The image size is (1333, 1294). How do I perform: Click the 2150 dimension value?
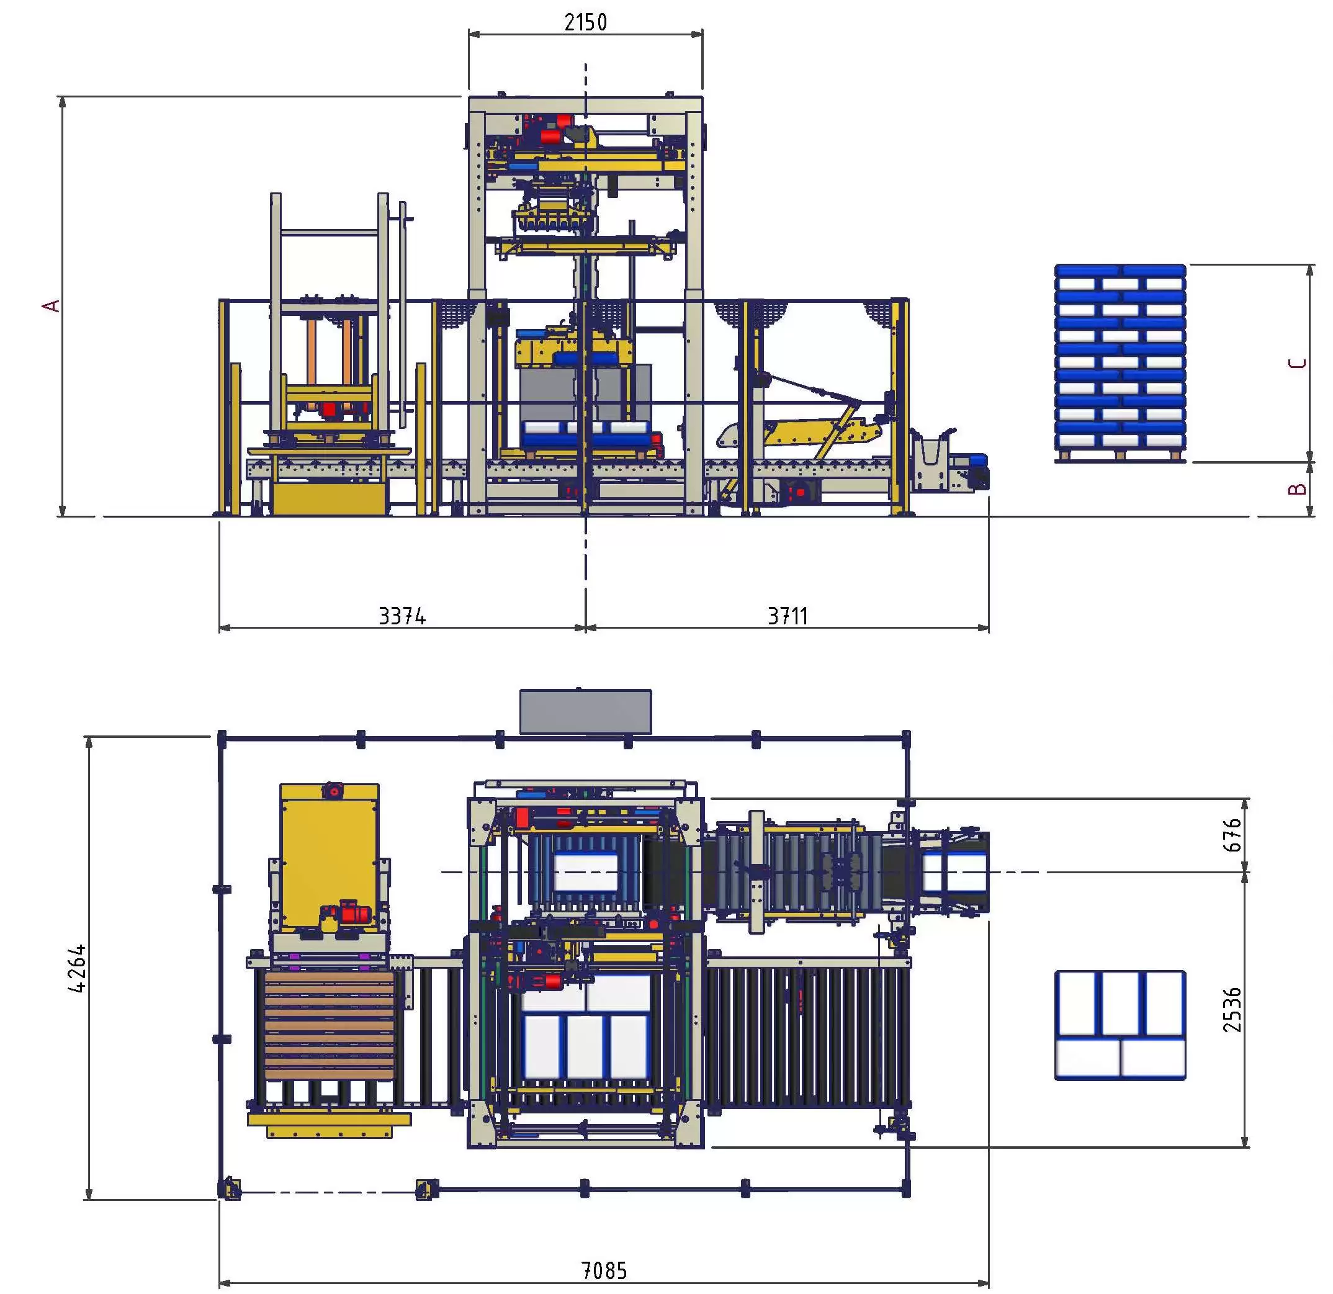pos(586,22)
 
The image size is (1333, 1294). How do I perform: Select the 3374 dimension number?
pos(402,616)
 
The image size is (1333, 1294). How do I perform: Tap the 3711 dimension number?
pos(788,616)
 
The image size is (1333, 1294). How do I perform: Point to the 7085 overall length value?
pos(604,1270)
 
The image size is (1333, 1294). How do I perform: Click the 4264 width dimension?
pos(78,968)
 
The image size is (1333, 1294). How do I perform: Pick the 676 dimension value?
pos(1232,835)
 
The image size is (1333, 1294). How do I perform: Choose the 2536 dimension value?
pos(1232,1010)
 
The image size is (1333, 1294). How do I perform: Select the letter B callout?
pos(1298,488)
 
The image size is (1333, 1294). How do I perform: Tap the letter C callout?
pos(1298,362)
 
